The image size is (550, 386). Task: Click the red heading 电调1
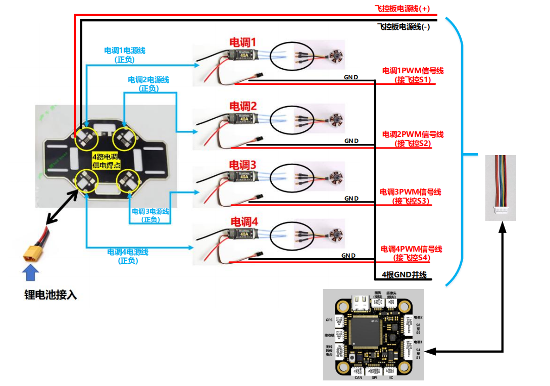point(243,42)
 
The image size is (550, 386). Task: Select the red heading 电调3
point(243,165)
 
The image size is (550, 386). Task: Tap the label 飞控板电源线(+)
point(402,9)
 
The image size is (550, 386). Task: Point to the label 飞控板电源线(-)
point(404,27)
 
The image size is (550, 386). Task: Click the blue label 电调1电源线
point(125,51)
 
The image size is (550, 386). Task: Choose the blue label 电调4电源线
point(128,252)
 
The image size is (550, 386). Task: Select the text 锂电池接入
point(51,295)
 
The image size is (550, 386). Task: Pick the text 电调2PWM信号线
point(413,134)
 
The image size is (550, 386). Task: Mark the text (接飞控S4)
point(412,258)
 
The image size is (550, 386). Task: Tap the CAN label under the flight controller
point(359,377)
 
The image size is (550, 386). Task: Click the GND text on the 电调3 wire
point(352,199)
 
